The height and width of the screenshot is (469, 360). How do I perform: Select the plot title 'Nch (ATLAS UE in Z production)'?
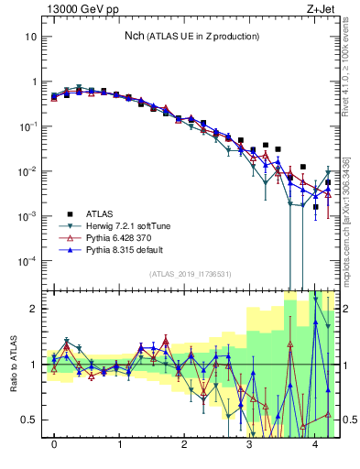pos(191,36)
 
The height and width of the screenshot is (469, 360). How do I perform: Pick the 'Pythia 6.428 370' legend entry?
pos(123,237)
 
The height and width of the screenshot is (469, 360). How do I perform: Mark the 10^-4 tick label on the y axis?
pos(28,261)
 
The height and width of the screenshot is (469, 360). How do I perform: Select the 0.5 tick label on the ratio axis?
pos(29,420)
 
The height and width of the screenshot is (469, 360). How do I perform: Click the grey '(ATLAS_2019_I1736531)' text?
pos(191,275)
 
